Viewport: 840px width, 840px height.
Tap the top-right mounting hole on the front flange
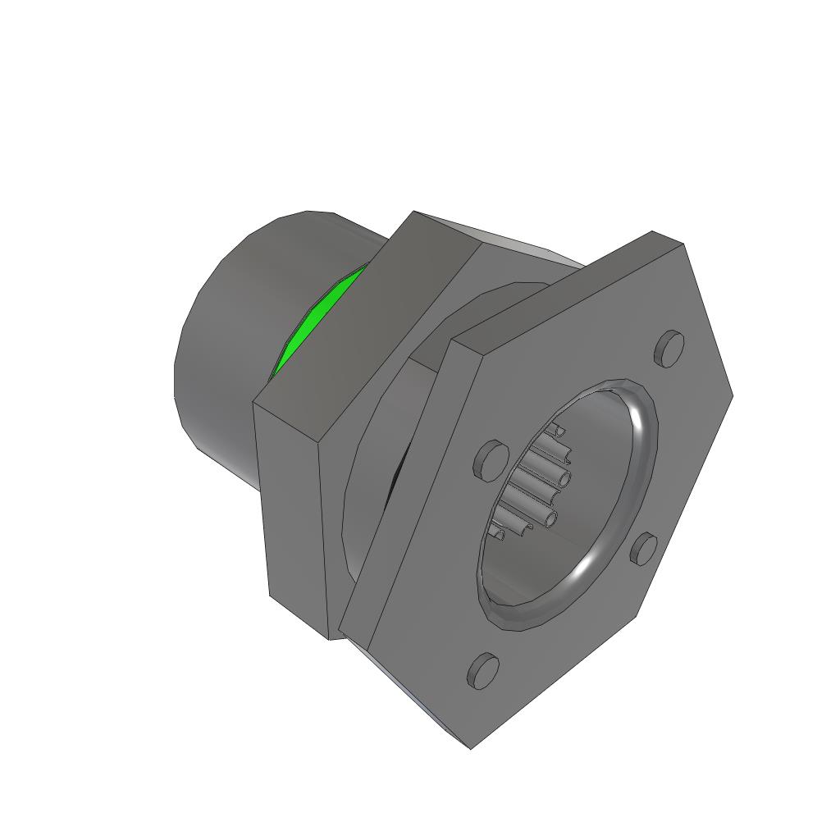[669, 349]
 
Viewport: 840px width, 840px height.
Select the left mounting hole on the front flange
[490, 459]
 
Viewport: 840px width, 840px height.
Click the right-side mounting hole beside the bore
[644, 549]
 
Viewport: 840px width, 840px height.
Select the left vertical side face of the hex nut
[295, 517]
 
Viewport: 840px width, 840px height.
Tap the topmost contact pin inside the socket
[558, 430]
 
